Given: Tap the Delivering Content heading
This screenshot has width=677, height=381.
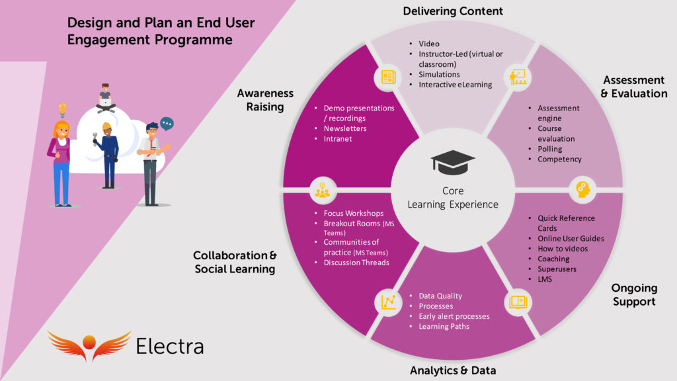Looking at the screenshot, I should (x=453, y=11).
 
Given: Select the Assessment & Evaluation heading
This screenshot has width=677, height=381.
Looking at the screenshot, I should (x=633, y=87).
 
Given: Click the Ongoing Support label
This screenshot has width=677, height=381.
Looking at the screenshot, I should (x=633, y=295).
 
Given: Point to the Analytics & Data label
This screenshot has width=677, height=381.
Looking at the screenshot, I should (x=453, y=370).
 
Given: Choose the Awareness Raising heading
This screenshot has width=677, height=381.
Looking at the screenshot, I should (x=265, y=100).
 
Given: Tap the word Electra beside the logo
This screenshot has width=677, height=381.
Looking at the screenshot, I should (x=170, y=345).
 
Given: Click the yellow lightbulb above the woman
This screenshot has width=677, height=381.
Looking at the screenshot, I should (x=63, y=109).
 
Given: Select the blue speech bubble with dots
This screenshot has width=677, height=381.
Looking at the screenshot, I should (x=167, y=123).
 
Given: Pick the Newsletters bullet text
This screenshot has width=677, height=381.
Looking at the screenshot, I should (x=345, y=128).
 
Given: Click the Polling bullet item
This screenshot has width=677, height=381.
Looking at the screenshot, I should (x=550, y=149).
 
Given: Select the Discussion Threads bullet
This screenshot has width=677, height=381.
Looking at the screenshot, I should (x=356, y=263).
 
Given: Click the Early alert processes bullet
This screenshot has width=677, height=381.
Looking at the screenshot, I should (x=454, y=316).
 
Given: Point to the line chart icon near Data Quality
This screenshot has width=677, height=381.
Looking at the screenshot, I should (x=387, y=302).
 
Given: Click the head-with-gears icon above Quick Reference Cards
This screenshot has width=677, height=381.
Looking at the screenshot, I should (x=582, y=188).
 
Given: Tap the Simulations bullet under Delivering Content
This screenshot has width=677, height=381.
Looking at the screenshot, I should (x=439, y=75).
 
